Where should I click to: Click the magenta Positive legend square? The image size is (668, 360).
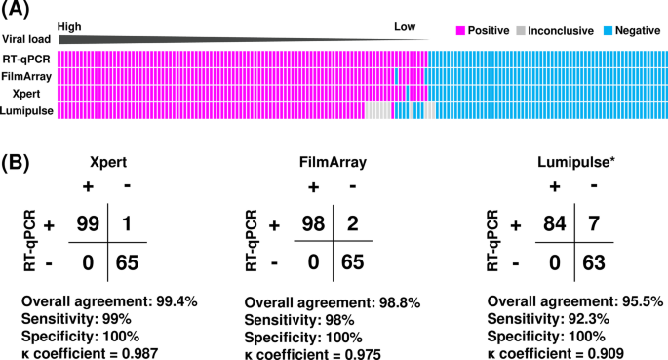pos(460,30)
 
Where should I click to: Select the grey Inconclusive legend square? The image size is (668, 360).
pos(522,30)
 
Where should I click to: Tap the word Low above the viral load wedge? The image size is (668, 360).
pos(405,28)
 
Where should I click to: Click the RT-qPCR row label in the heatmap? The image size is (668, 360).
pos(27,60)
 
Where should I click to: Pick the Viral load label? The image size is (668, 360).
pos(27,39)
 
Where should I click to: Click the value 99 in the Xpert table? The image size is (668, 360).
pos(89,225)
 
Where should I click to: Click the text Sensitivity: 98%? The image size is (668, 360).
pos(292,316)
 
